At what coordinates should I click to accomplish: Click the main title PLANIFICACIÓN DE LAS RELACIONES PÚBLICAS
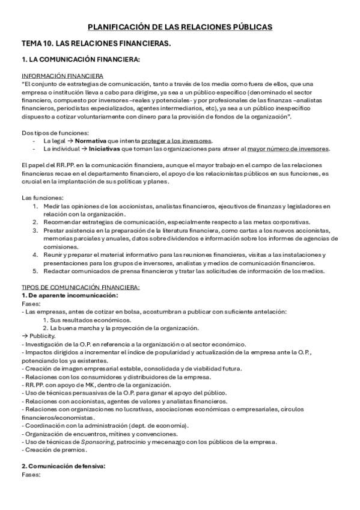pos(180,27)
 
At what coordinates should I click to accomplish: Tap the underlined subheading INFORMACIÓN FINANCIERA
pos(62,76)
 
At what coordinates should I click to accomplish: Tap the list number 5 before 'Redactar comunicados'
pos(36,271)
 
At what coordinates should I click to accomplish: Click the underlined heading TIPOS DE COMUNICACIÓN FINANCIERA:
pos(81,287)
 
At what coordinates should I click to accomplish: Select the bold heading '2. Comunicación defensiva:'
pos(63,466)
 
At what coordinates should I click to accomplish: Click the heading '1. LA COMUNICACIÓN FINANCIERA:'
pos(81,60)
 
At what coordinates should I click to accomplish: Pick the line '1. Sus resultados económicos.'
pos(88,320)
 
